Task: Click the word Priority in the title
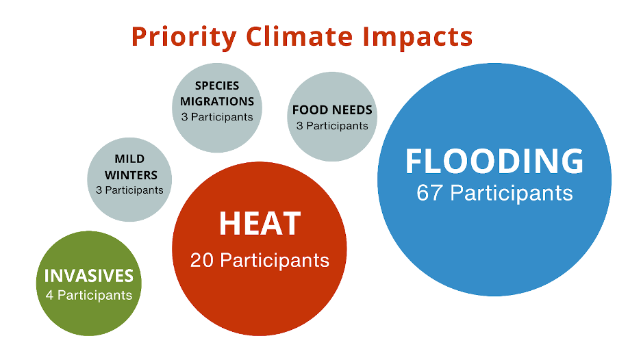(184, 38)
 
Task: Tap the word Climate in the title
(299, 36)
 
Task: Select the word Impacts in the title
(417, 38)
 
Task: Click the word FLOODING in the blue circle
(494, 161)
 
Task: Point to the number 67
(429, 193)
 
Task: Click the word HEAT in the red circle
(260, 224)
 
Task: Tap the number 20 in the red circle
(202, 260)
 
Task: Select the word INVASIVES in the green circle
(89, 276)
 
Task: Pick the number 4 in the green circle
(49, 295)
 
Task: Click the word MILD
(129, 159)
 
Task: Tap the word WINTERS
(131, 175)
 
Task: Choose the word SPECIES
(217, 86)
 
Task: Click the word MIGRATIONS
(217, 101)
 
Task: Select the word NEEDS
(353, 110)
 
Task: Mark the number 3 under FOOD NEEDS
(300, 126)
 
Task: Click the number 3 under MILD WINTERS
(99, 190)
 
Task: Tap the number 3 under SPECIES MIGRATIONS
(184, 117)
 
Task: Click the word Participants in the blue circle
(512, 194)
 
